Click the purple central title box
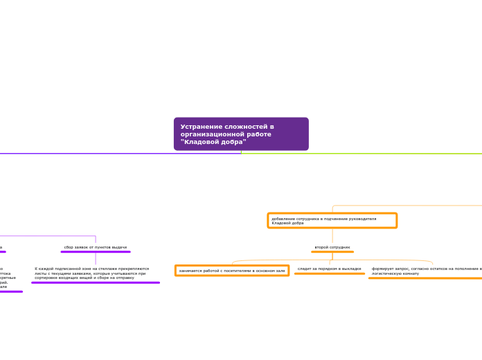(241, 134)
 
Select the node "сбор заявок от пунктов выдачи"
(96, 247)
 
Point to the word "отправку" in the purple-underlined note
(124, 278)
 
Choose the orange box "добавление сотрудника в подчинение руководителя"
(332, 220)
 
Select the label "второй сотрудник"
(332, 247)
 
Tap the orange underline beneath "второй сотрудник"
(332, 252)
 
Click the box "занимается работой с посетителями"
(232, 271)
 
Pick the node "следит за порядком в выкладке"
(329, 269)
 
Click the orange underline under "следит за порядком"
(330, 273)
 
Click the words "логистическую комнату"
(395, 273)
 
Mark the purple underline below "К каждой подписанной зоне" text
(96, 282)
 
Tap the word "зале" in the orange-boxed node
(280, 271)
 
